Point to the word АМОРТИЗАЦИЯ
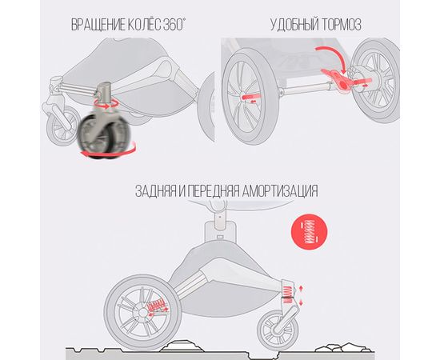coord(280,191)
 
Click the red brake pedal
coord(338,79)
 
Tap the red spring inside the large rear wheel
coord(156,306)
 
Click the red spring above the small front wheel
coord(288,294)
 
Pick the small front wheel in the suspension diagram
coord(279,329)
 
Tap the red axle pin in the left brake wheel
coord(251,97)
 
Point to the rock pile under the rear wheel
coord(182,346)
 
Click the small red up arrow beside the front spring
coord(301,289)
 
